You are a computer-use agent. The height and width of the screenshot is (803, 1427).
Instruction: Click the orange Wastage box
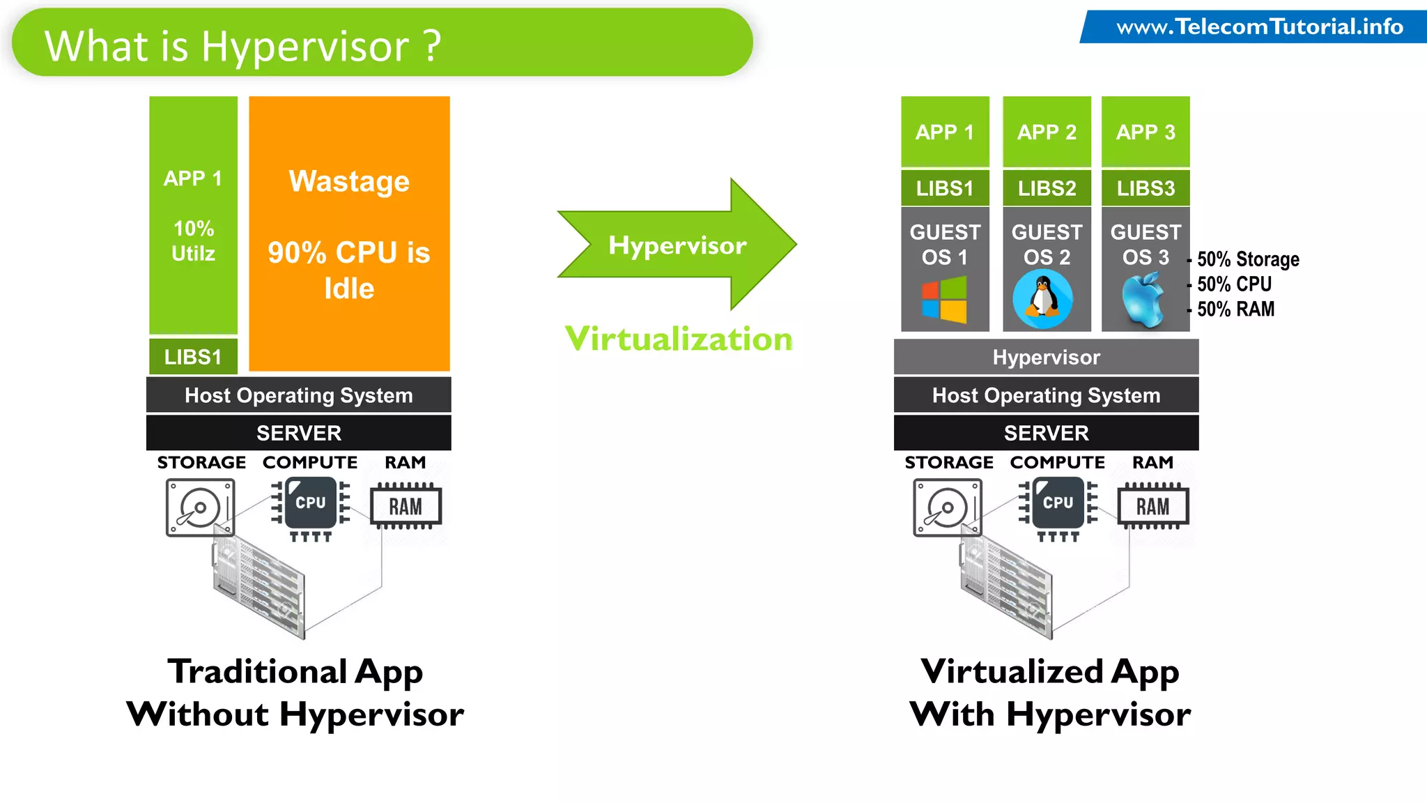tap(349, 234)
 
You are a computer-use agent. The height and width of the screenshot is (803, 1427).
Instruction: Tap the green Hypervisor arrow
tap(676, 245)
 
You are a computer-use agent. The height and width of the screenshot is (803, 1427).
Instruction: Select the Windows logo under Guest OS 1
tap(944, 300)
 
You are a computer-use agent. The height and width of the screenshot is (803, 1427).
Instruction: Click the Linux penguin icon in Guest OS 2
tap(1042, 299)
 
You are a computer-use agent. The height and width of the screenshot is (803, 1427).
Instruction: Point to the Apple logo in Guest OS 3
tap(1143, 300)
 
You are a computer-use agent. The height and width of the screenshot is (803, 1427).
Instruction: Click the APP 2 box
tap(1047, 132)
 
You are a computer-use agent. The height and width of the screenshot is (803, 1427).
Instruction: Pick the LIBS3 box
tap(1146, 188)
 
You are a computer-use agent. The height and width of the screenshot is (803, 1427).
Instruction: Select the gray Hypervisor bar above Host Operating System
tap(1046, 358)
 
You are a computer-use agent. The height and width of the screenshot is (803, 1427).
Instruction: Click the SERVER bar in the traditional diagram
tap(298, 433)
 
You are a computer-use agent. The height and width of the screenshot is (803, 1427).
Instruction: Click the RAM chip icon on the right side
tap(1152, 507)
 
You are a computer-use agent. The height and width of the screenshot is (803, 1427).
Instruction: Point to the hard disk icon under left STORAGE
tap(199, 507)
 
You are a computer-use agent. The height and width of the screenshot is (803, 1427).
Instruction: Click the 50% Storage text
tap(1247, 259)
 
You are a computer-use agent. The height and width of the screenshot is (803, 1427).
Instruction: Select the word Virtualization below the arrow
tap(679, 339)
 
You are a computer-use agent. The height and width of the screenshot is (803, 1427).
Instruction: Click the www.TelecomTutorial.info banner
tap(1258, 27)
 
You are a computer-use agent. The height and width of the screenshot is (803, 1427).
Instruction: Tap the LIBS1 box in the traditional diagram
tap(193, 357)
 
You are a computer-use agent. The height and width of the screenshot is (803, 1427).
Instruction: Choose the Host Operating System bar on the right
tap(1046, 395)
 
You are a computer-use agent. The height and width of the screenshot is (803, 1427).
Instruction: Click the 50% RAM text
tap(1235, 309)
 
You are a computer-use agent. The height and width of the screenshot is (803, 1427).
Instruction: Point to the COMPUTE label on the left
tap(310, 462)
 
